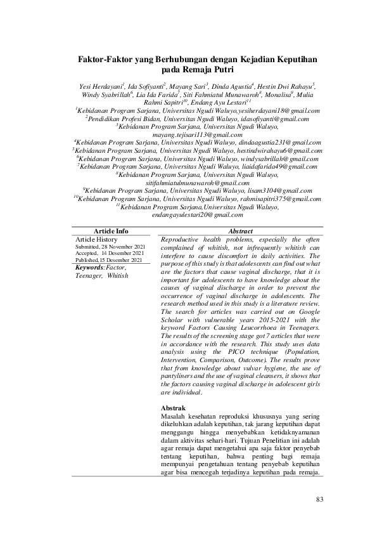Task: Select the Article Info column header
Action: pos(112,231)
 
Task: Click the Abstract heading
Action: pos(241,231)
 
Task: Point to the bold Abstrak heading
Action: pos(174,407)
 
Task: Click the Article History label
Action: pos(96,239)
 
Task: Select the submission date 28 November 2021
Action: pos(122,246)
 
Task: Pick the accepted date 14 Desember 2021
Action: pos(123,253)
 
